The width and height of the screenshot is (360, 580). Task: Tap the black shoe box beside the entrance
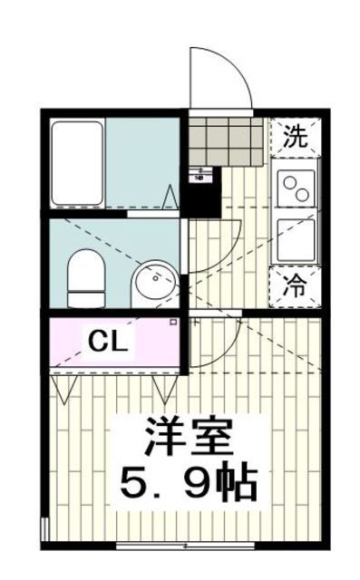[x=204, y=192]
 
